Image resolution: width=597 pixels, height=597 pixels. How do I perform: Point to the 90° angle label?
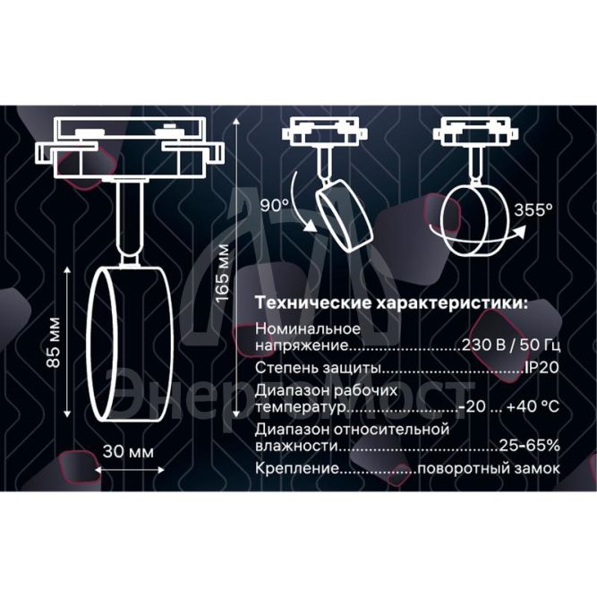[275, 206]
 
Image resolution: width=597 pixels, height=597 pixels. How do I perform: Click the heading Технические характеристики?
[391, 303]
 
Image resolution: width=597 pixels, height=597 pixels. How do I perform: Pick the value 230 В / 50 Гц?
[510, 345]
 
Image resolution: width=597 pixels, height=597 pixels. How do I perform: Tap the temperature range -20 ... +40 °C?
[507, 407]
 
